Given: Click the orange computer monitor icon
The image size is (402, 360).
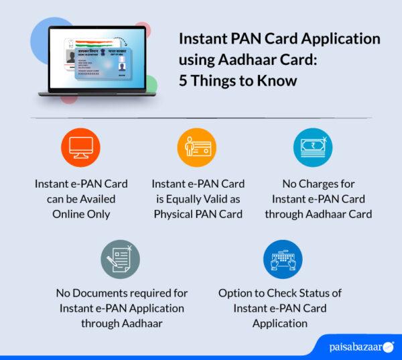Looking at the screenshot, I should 80,148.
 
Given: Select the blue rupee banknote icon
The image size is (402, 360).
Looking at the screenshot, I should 313,147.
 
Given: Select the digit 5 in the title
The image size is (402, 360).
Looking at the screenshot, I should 183,81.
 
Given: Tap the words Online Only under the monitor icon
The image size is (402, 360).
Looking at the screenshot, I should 80,214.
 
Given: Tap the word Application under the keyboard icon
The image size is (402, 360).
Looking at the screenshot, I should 280,323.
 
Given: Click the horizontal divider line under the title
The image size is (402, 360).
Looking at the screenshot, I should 201,117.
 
